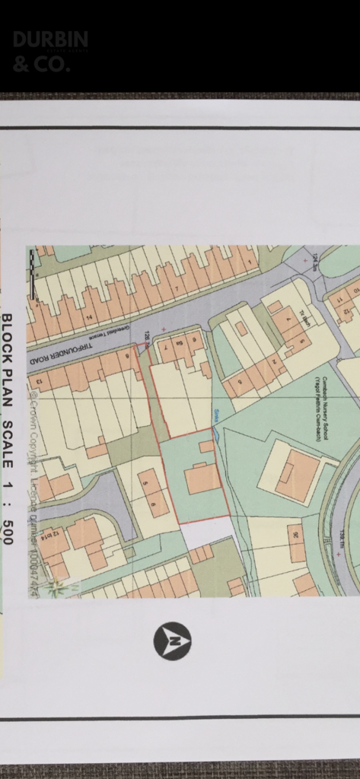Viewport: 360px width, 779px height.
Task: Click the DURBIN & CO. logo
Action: pyautogui.click(x=50, y=52)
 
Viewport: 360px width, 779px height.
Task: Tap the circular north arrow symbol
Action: pyautogui.click(x=172, y=641)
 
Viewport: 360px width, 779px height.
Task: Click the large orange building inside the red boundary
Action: pyautogui.click(x=202, y=479)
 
